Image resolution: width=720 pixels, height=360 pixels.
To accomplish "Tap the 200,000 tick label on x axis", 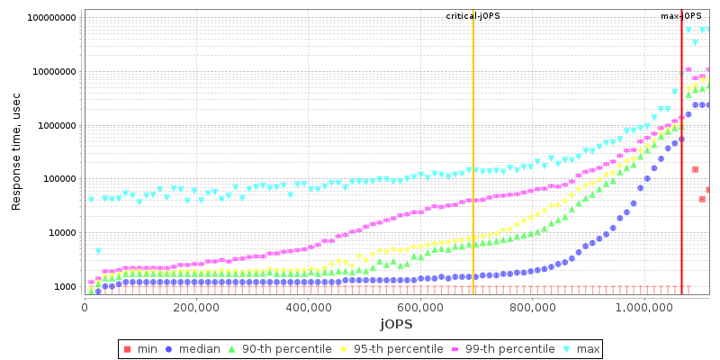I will point(196,306).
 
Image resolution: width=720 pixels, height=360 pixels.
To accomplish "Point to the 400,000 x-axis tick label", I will point(308,306).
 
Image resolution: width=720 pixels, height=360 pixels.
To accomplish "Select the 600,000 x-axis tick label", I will point(419,306).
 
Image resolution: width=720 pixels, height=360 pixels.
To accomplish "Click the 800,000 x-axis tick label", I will point(531,306).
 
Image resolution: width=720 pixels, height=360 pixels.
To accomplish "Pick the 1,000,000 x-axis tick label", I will point(643,306).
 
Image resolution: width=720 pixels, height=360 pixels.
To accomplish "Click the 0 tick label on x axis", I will point(85,306).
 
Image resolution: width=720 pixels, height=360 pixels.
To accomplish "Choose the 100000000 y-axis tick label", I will point(52,18).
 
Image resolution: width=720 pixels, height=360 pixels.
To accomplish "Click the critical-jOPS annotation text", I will point(472,16).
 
